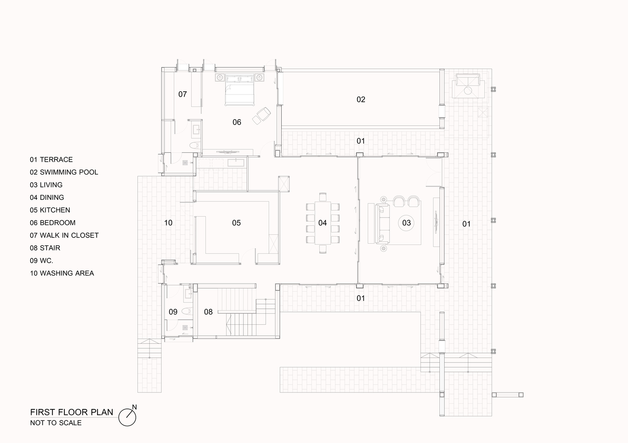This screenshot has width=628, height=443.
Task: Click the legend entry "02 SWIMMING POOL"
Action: (64, 172)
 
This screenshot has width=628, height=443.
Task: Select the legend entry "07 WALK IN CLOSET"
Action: (64, 236)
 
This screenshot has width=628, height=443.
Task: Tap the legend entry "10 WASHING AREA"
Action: (62, 273)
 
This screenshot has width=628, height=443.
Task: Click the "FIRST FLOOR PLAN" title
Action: (71, 412)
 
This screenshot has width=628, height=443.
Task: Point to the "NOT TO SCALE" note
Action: (56, 423)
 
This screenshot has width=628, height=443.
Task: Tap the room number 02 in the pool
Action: (361, 100)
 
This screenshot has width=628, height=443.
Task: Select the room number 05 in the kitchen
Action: (236, 223)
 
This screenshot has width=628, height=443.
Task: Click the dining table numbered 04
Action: (322, 223)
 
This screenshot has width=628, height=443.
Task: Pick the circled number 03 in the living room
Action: (406, 223)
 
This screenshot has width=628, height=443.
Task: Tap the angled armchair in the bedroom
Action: (262, 115)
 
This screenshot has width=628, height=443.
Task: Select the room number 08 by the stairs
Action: (208, 312)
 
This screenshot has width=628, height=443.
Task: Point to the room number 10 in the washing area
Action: (168, 223)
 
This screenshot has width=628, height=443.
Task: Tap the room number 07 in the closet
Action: (183, 94)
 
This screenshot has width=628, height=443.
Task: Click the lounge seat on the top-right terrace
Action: (467, 85)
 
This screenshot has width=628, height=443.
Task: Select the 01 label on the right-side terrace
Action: (466, 224)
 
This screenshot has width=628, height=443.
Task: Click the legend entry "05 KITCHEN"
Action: (50, 210)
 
